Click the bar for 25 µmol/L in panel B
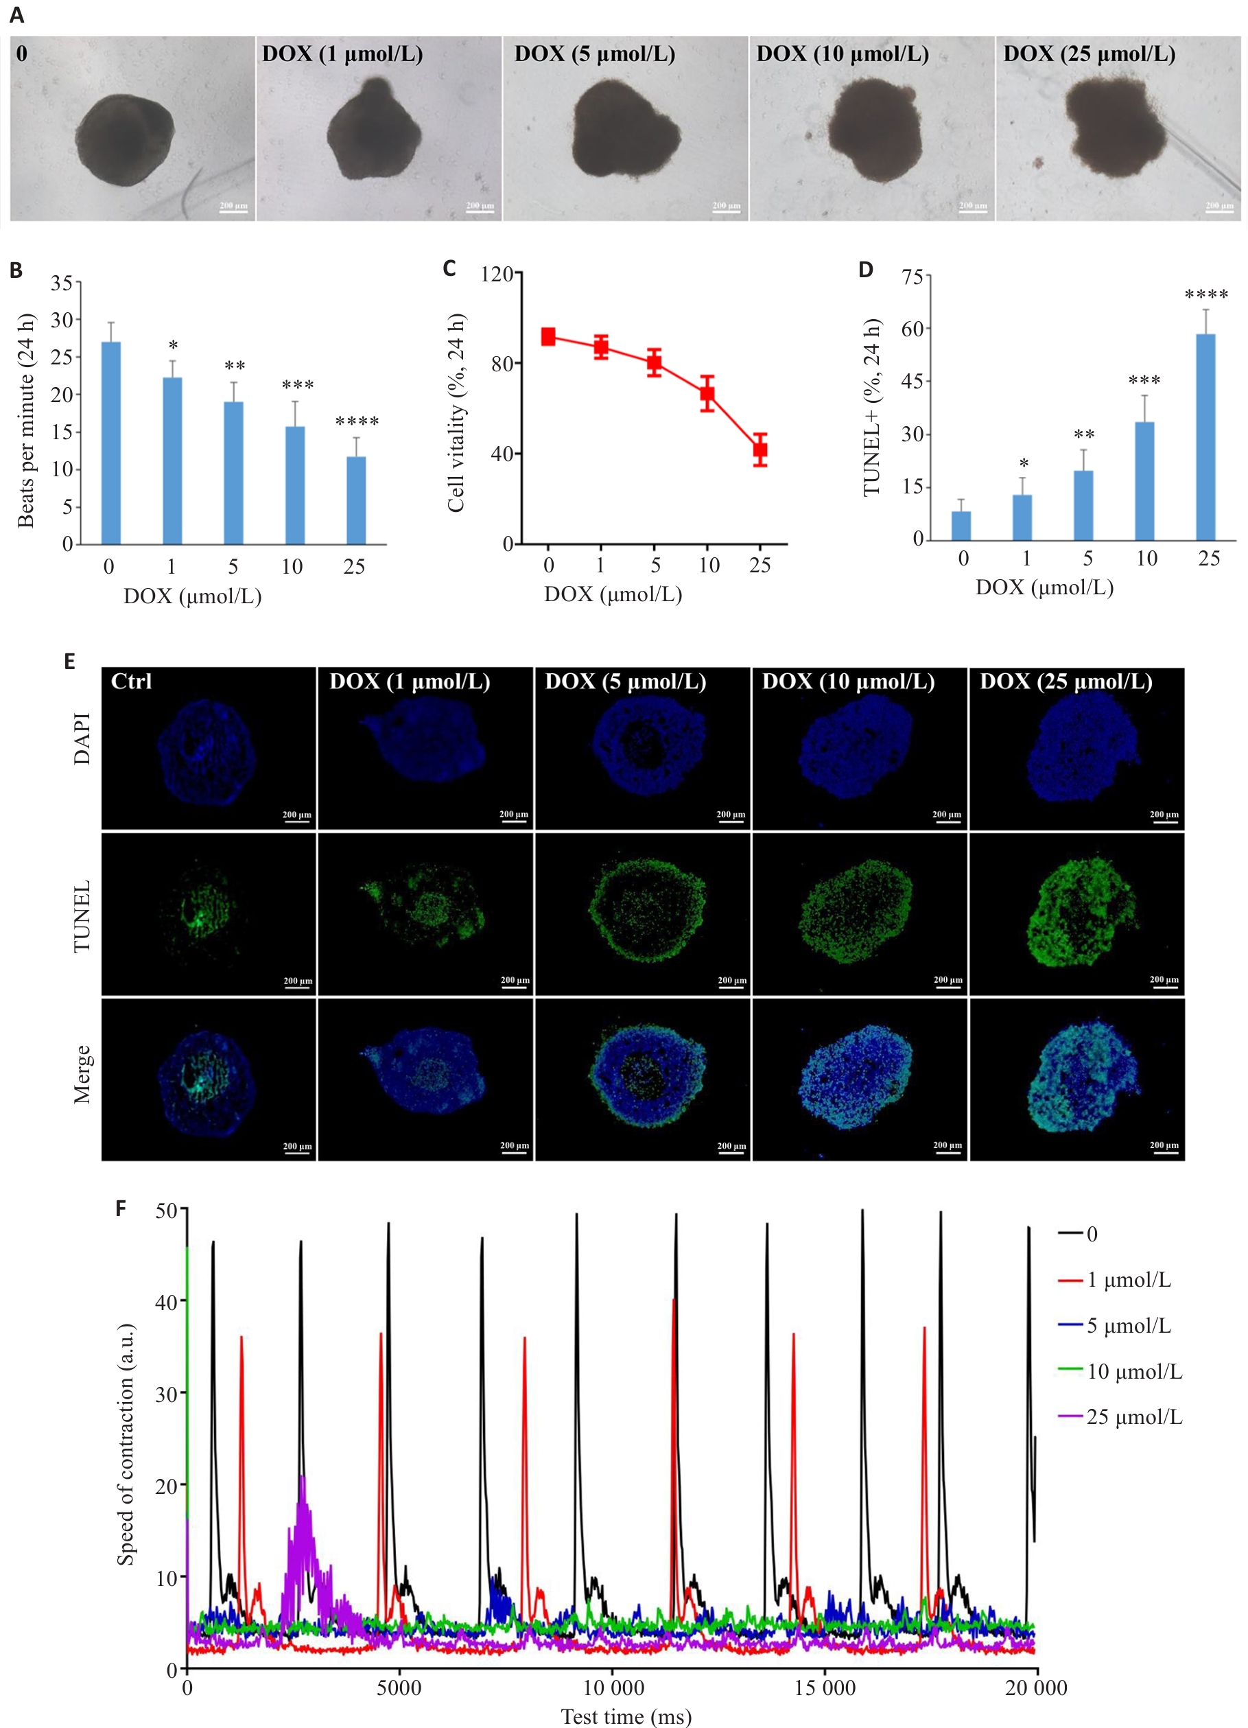[356, 500]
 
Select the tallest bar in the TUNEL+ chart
[1205, 436]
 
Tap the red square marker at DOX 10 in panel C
[707, 394]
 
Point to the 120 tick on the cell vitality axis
[497, 275]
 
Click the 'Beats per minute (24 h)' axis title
[26, 420]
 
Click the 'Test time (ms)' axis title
[626, 1716]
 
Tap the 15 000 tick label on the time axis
[825, 1688]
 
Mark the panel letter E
[69, 661]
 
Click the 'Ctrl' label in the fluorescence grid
[131, 681]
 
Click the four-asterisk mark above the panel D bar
[1206, 295]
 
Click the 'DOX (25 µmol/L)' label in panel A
[1089, 54]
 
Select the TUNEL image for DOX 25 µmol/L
[1076, 913]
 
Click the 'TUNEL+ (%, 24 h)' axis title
[871, 408]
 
